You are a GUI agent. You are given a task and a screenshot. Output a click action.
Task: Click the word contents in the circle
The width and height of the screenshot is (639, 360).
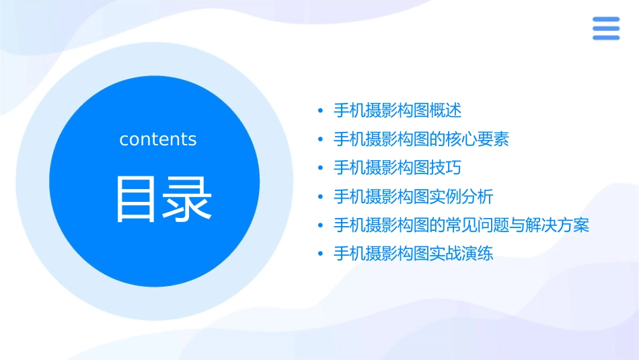tap(158, 139)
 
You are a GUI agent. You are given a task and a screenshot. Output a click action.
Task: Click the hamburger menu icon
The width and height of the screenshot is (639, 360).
tap(605, 28)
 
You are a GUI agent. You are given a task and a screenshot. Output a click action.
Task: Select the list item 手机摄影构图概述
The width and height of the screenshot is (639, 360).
tap(398, 110)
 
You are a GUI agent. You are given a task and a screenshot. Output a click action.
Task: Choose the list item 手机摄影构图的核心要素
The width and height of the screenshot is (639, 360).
tap(421, 139)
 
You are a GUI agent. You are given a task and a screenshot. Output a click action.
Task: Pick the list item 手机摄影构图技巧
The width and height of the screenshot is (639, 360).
tap(398, 168)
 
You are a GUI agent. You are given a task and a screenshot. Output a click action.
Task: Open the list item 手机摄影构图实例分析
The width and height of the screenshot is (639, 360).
tap(413, 196)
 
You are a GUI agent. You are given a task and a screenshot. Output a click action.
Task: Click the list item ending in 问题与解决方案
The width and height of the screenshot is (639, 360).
tap(461, 225)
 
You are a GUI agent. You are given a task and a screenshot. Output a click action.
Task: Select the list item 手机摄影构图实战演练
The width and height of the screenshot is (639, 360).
tap(413, 254)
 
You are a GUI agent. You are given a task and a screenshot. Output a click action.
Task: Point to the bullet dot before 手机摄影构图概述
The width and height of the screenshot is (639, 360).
tap(321, 111)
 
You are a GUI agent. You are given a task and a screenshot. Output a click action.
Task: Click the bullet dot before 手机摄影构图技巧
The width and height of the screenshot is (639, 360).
tap(321, 168)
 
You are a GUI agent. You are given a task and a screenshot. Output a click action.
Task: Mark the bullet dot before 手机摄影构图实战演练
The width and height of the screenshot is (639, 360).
tap(321, 254)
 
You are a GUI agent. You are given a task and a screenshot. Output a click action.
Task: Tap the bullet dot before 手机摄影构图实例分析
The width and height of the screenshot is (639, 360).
tap(321, 197)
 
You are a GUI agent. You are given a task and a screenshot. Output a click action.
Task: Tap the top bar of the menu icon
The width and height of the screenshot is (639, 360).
tap(605, 20)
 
